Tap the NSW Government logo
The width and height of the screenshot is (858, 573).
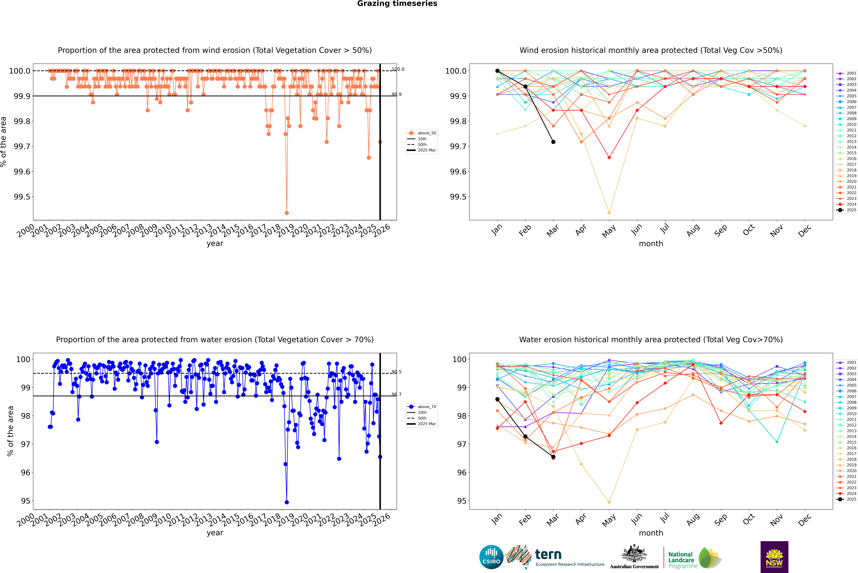[774, 557]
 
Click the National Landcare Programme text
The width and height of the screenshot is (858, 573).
[681, 560]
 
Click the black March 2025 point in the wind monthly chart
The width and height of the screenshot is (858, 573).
[553, 142]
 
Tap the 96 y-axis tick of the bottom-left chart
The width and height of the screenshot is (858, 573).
[26, 473]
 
